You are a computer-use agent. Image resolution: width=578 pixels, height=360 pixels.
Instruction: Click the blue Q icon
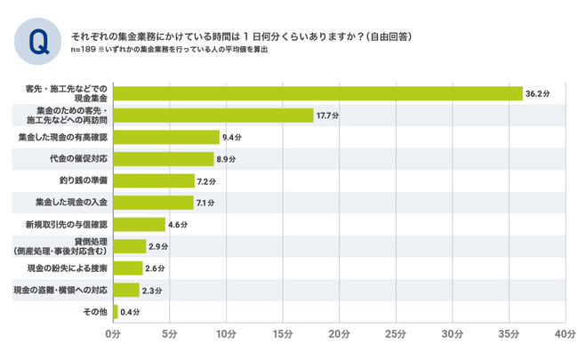click(x=38, y=43)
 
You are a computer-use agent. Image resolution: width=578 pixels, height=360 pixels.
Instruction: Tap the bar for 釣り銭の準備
click(x=154, y=180)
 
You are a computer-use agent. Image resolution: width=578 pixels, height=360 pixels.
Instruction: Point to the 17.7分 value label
click(x=327, y=116)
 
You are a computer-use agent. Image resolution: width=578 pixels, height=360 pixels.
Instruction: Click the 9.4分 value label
click(x=233, y=138)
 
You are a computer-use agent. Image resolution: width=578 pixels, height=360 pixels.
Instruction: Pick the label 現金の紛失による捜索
click(x=66, y=268)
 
